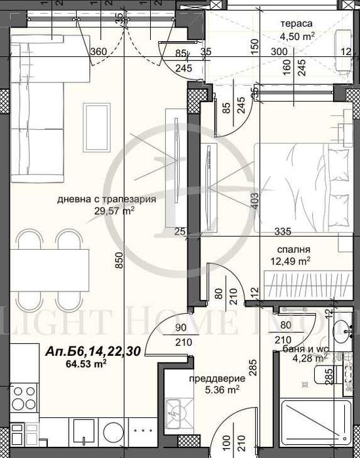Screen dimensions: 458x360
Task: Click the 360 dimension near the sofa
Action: click(x=98, y=52)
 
